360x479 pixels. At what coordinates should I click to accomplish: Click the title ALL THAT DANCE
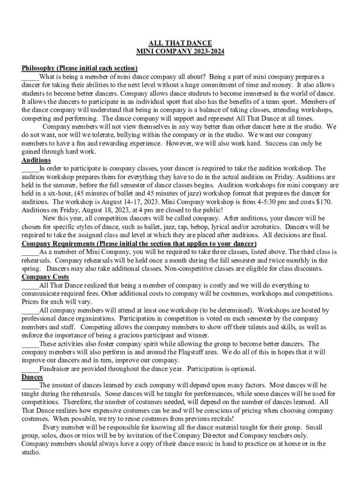point(180,44)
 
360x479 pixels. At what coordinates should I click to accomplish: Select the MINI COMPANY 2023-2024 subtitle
point(180,52)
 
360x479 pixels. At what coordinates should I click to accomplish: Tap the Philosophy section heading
point(79,68)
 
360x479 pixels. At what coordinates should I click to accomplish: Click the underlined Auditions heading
point(36,160)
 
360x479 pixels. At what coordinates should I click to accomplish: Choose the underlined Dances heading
point(32,377)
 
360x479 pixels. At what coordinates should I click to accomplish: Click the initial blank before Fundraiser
point(30,369)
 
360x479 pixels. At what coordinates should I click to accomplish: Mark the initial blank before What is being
point(30,77)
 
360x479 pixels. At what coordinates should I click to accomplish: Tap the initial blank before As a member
point(30,252)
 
